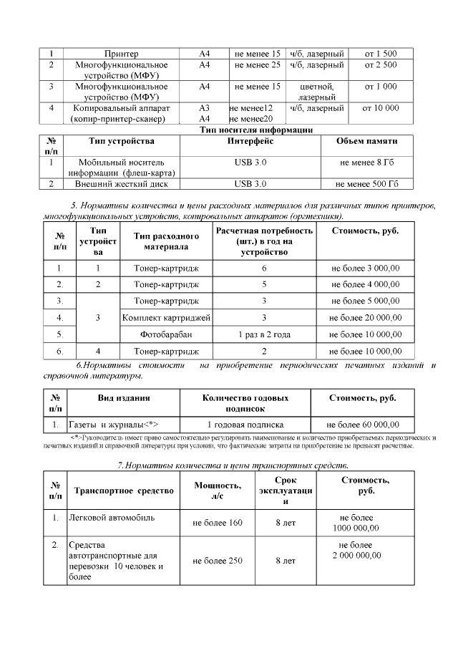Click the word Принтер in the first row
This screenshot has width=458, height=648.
tap(122, 54)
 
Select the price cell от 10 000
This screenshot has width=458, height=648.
tap(381, 108)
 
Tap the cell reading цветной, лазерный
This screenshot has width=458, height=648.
tap(317, 92)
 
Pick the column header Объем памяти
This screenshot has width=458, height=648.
tap(369, 141)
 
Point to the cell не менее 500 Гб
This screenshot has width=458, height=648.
tap(369, 184)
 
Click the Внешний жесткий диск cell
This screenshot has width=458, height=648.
tap(122, 184)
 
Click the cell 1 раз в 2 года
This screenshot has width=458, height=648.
tap(264, 334)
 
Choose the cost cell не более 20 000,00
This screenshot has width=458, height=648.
tap(365, 317)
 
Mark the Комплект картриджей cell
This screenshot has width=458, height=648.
tap(166, 317)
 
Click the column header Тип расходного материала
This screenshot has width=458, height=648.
tap(166, 241)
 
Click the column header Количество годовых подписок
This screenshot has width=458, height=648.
tap(245, 403)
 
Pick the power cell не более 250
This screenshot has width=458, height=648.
tap(218, 561)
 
